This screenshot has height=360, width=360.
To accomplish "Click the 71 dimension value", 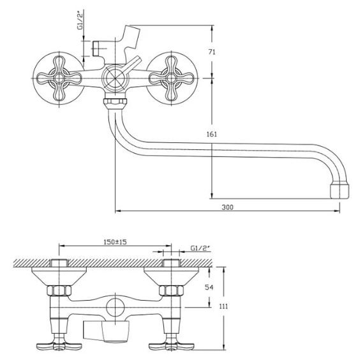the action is [212, 52].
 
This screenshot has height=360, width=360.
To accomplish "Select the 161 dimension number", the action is [211, 134].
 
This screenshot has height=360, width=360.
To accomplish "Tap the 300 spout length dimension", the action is [227, 207].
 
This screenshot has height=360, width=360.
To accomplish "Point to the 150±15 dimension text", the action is [116, 242].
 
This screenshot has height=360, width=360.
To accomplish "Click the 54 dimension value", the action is [209, 287].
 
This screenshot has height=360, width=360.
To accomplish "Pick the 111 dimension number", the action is [223, 306].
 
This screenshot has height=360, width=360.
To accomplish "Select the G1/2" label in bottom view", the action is [200, 248].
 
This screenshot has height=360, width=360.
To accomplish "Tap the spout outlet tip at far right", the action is [340, 191].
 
